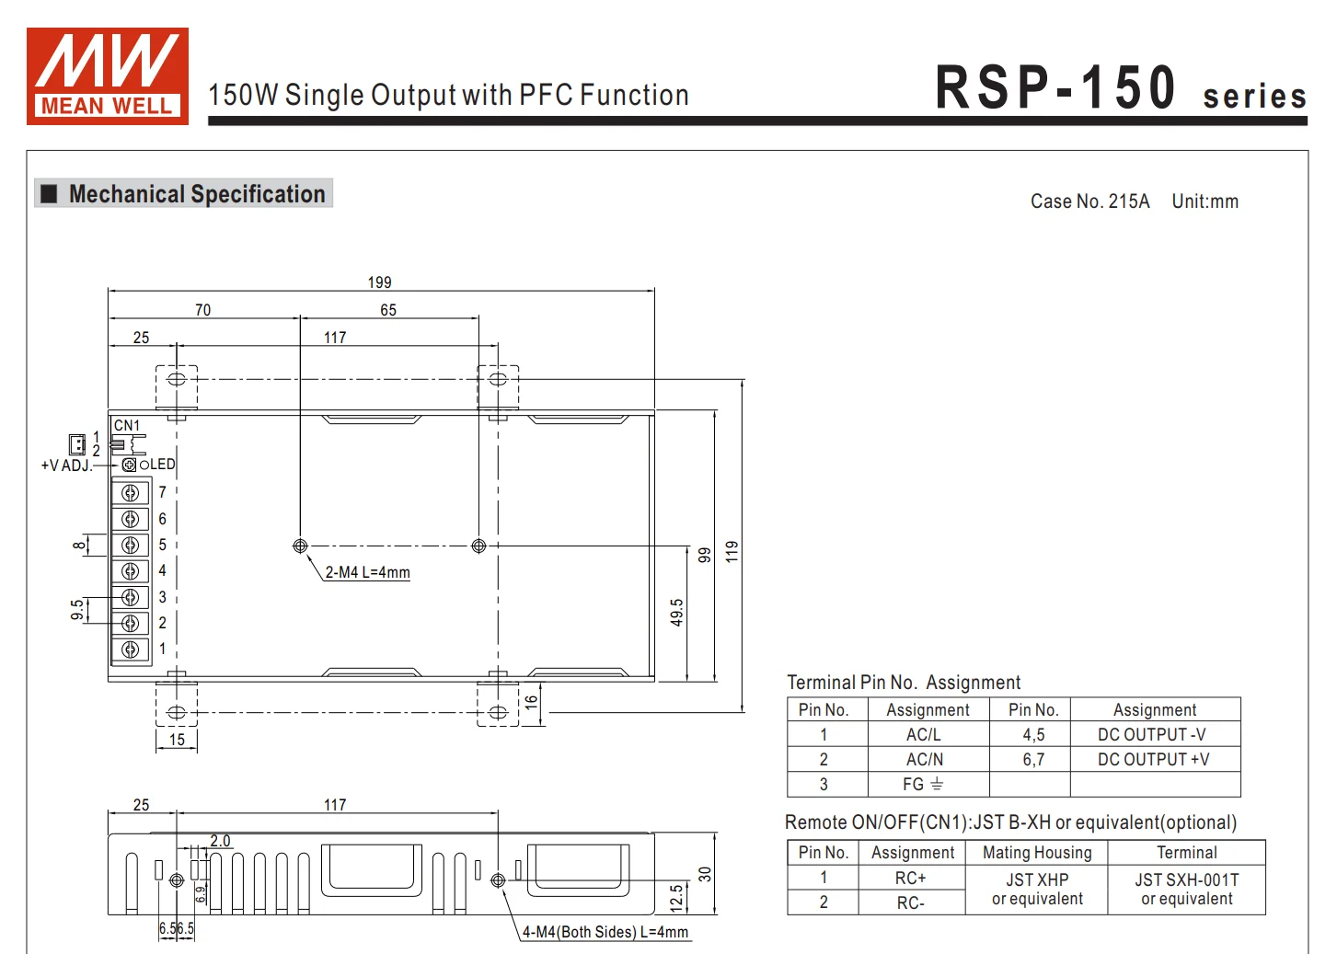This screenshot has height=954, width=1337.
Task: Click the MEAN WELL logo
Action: coord(108,76)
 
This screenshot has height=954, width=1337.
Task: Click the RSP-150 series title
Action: coord(1120,89)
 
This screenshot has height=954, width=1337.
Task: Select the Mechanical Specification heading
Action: coord(196,194)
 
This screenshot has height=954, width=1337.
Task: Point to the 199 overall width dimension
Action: coord(379,282)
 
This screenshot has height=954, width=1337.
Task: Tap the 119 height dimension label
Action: coord(732,551)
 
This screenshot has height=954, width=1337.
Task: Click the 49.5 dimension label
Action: coord(676,612)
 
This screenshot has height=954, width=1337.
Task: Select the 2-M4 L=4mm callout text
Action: coord(367,572)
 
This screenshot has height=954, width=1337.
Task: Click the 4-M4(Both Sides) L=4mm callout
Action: coord(605,932)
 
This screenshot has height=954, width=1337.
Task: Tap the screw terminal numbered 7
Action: coord(131,493)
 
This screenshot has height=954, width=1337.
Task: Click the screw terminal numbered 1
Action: coord(131,649)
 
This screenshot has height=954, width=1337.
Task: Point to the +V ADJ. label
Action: coord(66,466)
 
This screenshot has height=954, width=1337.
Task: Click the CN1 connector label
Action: coord(127,426)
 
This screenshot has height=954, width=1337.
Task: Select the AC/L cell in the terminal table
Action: coord(924,735)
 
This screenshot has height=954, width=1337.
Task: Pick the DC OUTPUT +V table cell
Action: coord(1153,760)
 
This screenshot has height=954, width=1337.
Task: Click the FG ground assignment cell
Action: coord(924,785)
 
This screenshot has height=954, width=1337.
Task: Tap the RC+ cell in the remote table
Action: coord(910,879)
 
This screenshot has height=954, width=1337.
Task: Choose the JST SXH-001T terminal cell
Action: coord(1186,890)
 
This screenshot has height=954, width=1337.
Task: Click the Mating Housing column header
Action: coord(1037,853)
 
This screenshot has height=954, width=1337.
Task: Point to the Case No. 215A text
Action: coord(1089,201)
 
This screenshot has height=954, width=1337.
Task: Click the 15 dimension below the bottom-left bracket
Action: coord(177,740)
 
